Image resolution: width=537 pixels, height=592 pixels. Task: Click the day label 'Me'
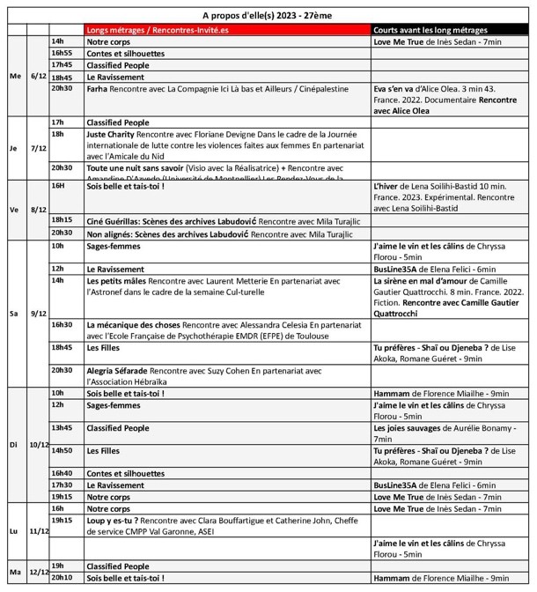[x=14, y=76]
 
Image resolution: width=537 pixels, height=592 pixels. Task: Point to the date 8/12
[x=39, y=211]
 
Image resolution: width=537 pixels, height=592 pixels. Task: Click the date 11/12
[x=39, y=531]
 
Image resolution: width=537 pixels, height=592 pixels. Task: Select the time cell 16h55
[x=62, y=53]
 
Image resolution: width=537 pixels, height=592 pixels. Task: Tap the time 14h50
[x=62, y=450]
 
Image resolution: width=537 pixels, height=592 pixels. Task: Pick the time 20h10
[x=62, y=578]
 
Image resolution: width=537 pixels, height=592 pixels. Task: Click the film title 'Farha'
[x=98, y=89]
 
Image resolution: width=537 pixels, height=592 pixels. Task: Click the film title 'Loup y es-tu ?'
[x=113, y=520]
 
